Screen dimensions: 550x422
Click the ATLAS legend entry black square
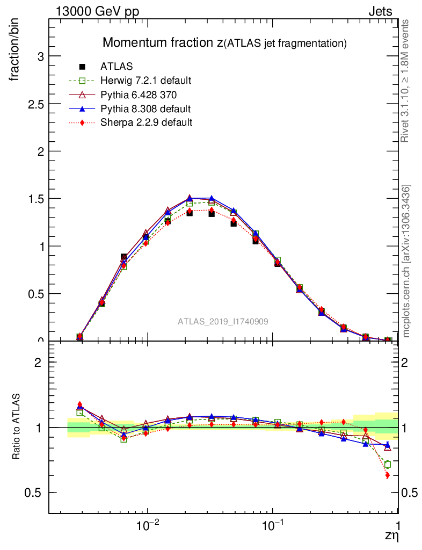pyautogui.click(x=82, y=67)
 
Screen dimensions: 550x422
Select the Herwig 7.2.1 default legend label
pyautogui.click(x=146, y=81)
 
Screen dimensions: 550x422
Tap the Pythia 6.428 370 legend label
pyautogui.click(x=139, y=95)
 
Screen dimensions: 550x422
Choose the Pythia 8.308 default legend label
pyautogui.click(x=145, y=108)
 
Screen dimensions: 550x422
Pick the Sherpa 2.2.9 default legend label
pyautogui.click(x=147, y=122)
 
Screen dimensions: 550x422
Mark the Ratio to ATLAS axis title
pyautogui.click(x=16, y=426)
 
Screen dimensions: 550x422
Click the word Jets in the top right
pyautogui.click(x=380, y=11)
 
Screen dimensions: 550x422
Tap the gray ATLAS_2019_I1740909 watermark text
pyautogui.click(x=223, y=321)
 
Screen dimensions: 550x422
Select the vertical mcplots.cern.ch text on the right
pyautogui.click(x=406, y=261)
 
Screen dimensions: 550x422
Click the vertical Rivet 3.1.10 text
pyautogui.click(x=405, y=81)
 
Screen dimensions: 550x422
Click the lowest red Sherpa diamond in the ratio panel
pyautogui.click(x=387, y=475)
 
